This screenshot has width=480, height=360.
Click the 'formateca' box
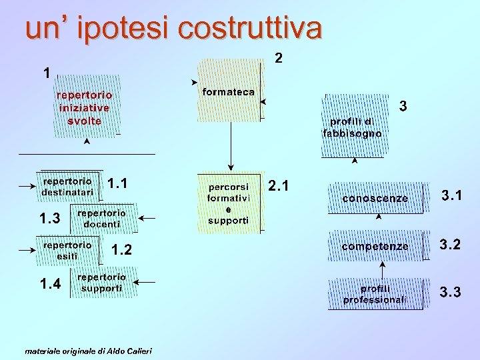click(229, 92)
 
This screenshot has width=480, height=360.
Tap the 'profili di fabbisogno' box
click(353, 127)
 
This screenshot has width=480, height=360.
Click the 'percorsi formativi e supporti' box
click(228, 203)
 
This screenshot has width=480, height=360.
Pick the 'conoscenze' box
click(375, 199)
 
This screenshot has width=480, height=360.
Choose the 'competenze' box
click(375, 247)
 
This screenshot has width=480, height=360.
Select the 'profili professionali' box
click(375, 294)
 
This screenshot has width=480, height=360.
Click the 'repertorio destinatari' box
click(69, 187)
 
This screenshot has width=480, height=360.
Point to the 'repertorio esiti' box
click(68, 250)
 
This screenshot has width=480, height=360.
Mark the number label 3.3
click(450, 292)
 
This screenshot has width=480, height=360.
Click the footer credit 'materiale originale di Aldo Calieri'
click(88, 351)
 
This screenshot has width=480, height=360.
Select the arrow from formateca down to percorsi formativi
click(231, 147)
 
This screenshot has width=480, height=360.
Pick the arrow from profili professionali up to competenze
click(383, 269)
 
